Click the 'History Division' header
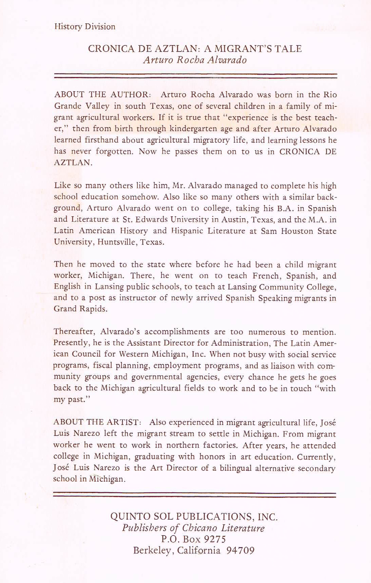[x=85, y=26]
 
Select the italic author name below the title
[x=195, y=60]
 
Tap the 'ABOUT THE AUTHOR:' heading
[x=101, y=95]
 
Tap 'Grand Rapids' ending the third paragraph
[x=80, y=309]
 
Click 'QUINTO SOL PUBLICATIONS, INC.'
[x=194, y=517]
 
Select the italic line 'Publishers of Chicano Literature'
[x=193, y=528]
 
